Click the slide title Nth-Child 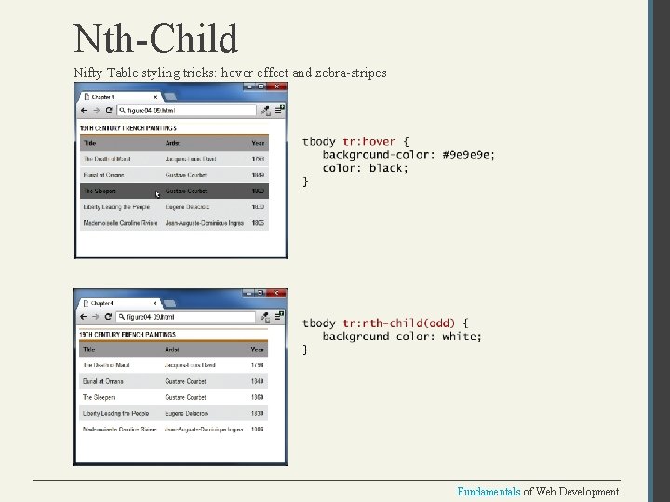156,39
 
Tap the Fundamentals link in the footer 489,492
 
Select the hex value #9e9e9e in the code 469,154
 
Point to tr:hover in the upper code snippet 368,141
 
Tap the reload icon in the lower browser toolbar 109,317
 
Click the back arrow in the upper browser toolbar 83,110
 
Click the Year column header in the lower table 257,350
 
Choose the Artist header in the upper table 173,143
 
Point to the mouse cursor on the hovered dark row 158,194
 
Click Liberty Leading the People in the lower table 115,413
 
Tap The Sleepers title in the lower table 100,397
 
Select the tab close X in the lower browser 155,303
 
